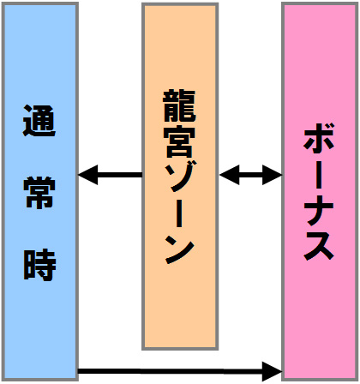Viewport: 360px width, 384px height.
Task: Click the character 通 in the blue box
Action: click(x=39, y=121)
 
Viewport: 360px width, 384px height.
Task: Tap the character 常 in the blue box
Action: click(x=39, y=193)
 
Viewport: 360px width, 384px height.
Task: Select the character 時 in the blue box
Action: click(x=39, y=265)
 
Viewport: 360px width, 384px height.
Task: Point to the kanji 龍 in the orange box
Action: click(x=179, y=105)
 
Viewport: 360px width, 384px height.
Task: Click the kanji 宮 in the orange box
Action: click(x=179, y=141)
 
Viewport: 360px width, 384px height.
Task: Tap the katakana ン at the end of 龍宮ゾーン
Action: click(x=180, y=248)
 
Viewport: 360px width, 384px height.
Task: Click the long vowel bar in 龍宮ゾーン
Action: click(x=179, y=212)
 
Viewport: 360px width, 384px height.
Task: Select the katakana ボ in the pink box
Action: click(x=318, y=137)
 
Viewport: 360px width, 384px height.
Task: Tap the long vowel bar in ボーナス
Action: click(x=319, y=173)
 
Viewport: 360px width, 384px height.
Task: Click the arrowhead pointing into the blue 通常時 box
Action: click(x=87, y=175)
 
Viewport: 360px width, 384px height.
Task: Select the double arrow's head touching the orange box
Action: click(x=229, y=175)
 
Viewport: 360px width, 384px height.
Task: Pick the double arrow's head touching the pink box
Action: click(x=273, y=175)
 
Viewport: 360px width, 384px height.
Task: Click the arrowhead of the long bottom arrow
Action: click(x=273, y=371)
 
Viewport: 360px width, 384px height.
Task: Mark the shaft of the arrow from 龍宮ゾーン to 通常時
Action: click(x=120, y=175)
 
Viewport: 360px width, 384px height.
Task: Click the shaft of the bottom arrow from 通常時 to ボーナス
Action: click(x=171, y=371)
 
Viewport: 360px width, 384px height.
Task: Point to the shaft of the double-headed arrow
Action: click(x=251, y=175)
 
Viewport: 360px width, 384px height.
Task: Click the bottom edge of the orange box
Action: click(x=180, y=348)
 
